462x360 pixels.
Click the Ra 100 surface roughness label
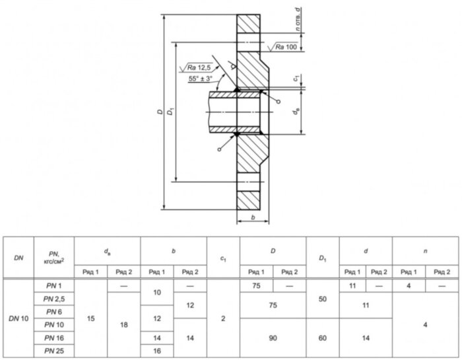pyautogui.click(x=286, y=47)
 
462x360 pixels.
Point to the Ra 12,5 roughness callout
pyautogui.click(x=199, y=68)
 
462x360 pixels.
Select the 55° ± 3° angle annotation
pyautogui.click(x=201, y=79)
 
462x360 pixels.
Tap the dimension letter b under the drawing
pyautogui.click(x=253, y=217)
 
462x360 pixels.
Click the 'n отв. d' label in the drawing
pyautogui.click(x=298, y=19)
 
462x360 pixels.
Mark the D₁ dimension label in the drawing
pyautogui.click(x=170, y=112)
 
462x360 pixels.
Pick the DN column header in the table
pyautogui.click(x=18, y=258)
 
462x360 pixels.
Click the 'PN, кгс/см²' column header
pyautogui.click(x=54, y=258)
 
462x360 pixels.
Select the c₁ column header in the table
pyautogui.click(x=223, y=258)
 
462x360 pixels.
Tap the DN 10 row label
pyautogui.click(x=18, y=318)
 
